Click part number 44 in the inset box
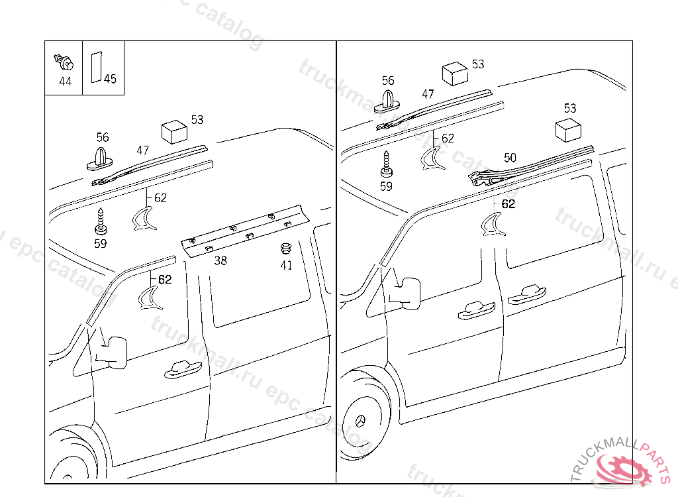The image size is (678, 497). click(65, 82)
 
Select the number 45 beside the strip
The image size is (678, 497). click(110, 79)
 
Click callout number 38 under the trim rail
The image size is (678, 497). click(220, 260)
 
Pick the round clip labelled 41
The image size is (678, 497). click(286, 250)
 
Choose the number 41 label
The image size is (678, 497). click(286, 265)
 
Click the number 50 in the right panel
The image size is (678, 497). click(509, 158)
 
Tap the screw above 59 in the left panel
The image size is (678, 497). click(100, 221)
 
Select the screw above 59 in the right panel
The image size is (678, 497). click(386, 163)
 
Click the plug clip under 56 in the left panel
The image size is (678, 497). click(101, 159)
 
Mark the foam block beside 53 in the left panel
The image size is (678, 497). click(173, 131)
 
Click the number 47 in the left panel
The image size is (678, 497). click(143, 150)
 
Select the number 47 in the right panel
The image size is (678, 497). click(428, 94)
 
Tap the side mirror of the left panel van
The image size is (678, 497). click(113, 352)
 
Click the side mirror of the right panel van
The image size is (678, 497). click(408, 292)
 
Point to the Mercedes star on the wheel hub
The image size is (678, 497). click(362, 421)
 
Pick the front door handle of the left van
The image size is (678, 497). click(180, 369)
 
